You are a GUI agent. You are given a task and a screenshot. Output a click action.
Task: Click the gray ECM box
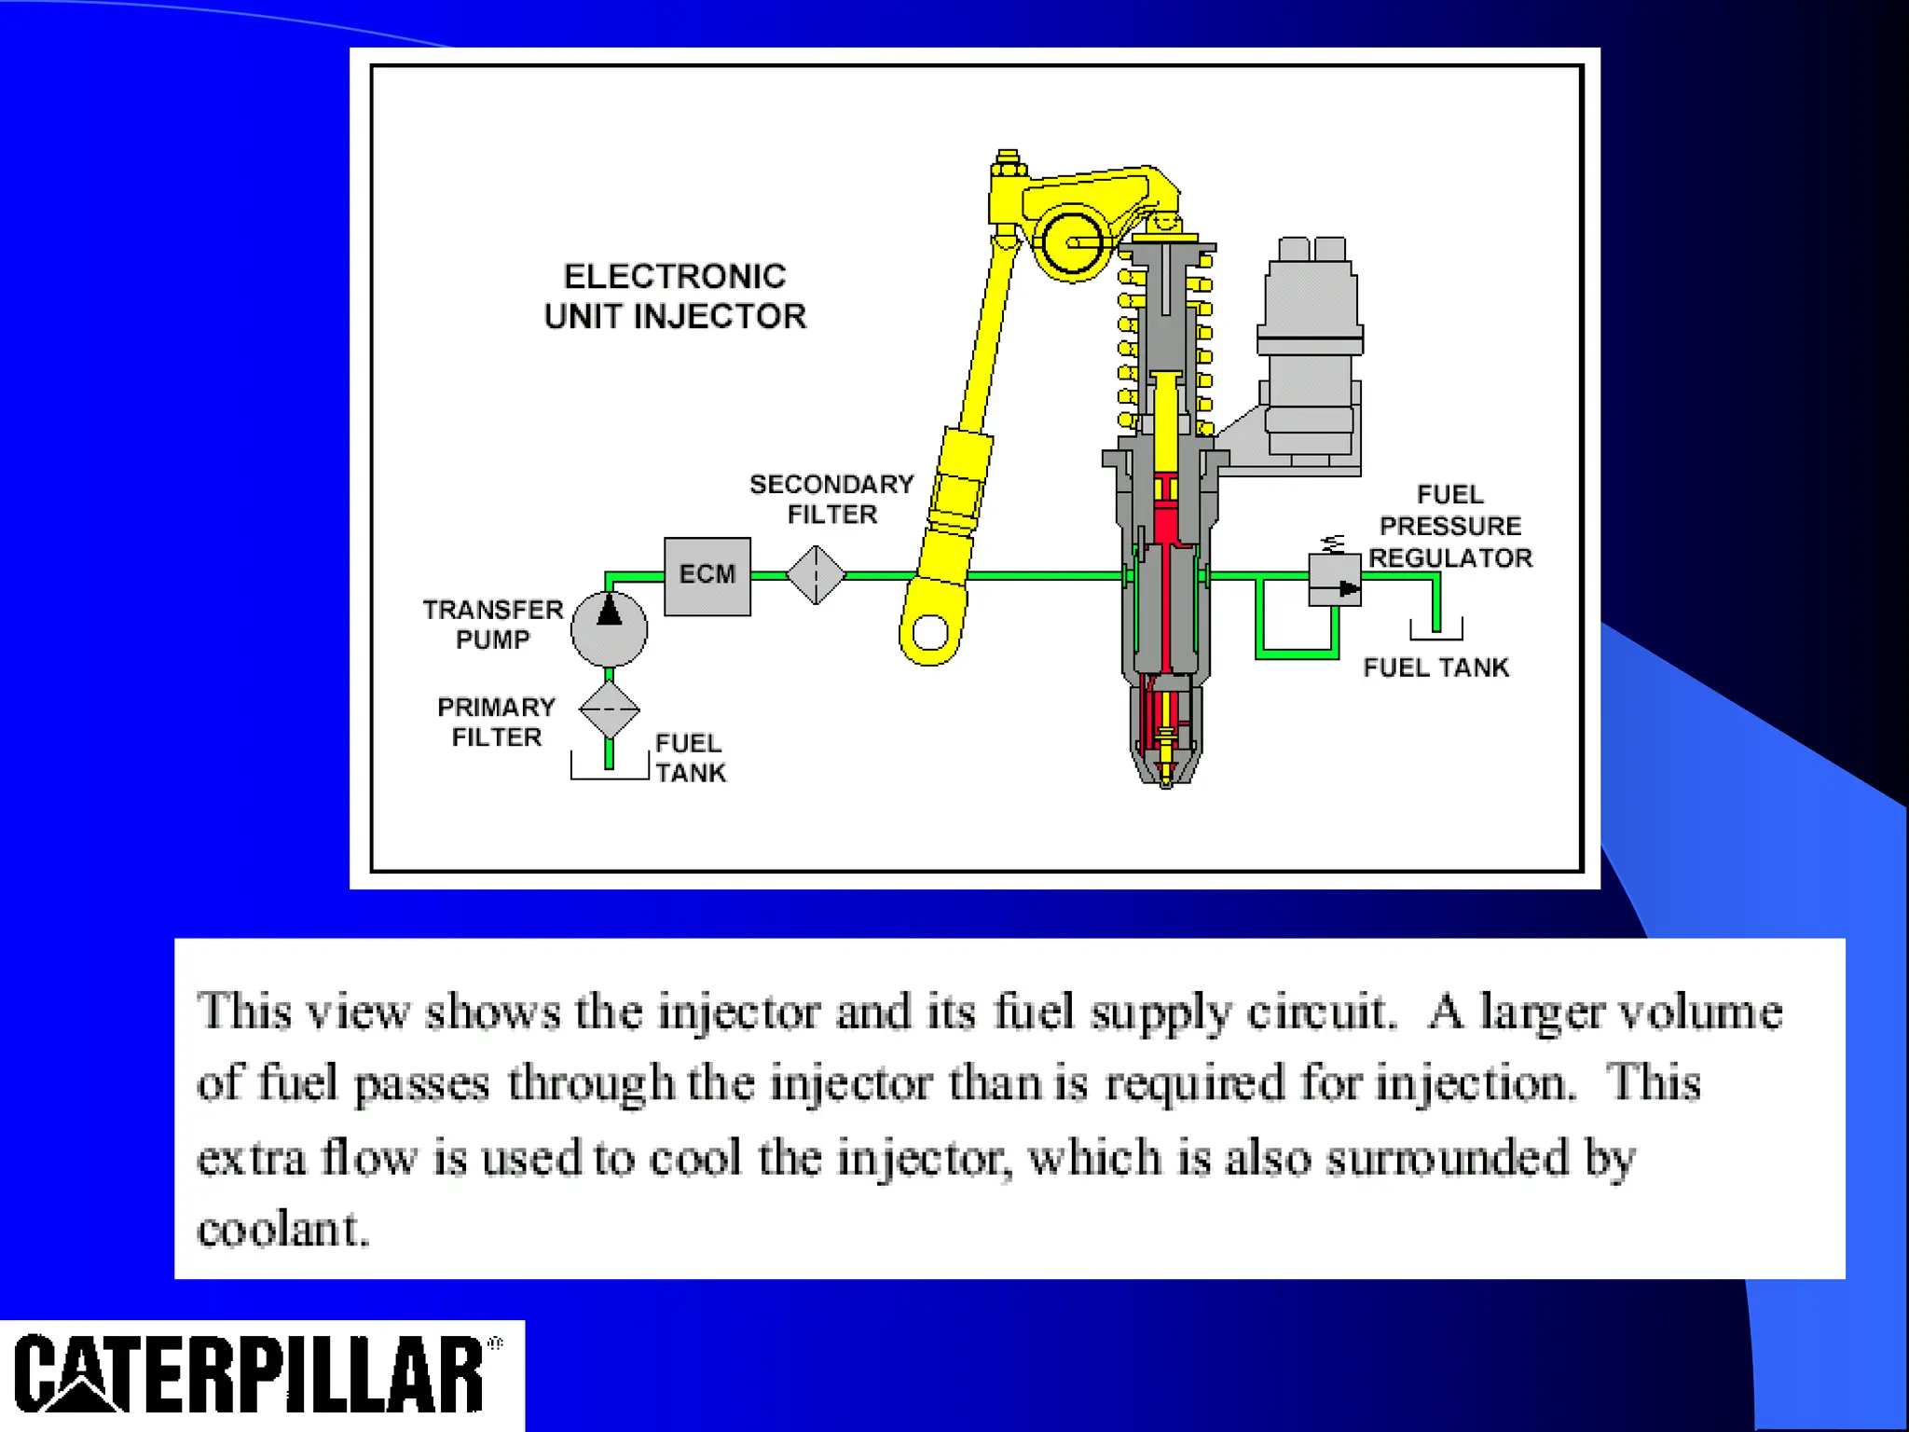(x=707, y=575)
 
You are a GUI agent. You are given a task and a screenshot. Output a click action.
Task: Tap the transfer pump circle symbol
(x=609, y=628)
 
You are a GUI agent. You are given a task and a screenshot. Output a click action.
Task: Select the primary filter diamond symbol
(x=609, y=709)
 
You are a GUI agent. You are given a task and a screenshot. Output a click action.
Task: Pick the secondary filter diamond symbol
(x=816, y=575)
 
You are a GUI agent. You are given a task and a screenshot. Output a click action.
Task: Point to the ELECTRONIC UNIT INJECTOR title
(x=675, y=296)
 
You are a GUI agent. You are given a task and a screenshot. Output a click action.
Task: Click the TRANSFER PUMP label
(x=492, y=625)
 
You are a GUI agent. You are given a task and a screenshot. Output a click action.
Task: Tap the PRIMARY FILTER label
(x=496, y=722)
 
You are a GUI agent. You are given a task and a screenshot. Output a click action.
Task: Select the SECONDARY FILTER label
(x=831, y=499)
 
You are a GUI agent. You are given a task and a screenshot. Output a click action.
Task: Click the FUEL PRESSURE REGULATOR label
(x=1449, y=526)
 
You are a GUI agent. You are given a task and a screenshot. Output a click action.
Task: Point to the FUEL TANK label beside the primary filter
(x=690, y=758)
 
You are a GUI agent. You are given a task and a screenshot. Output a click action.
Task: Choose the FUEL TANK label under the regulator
(x=1435, y=668)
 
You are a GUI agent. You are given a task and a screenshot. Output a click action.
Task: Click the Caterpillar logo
(x=252, y=1375)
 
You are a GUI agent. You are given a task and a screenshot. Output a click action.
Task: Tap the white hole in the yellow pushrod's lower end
(x=930, y=633)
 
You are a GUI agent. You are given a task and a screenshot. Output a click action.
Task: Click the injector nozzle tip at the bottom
(x=1165, y=778)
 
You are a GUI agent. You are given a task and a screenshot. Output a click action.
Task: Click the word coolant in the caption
(x=282, y=1229)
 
